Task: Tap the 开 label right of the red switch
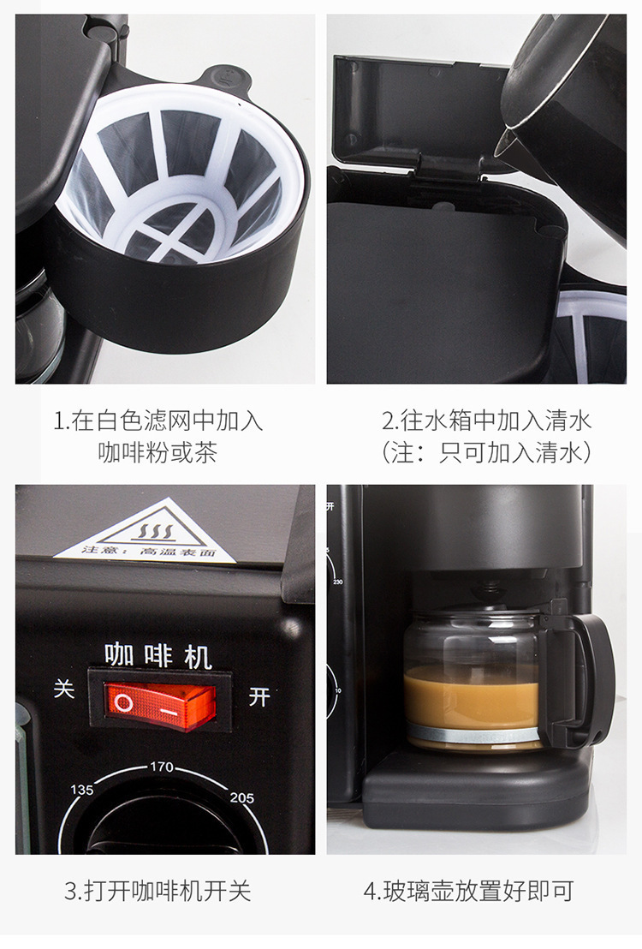[x=259, y=697]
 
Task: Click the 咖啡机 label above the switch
[x=158, y=656]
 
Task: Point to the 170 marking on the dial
[x=161, y=767]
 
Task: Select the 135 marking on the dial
[x=82, y=790]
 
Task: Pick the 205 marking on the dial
[x=242, y=797]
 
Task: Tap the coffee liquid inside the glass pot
[x=471, y=698]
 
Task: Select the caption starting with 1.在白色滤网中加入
[x=158, y=421]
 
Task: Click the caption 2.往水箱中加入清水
[x=486, y=421]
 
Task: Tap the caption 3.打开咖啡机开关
[x=158, y=891]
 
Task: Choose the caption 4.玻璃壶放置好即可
[x=468, y=891]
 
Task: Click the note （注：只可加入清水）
[x=486, y=452]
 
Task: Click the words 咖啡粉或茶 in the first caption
[x=158, y=452]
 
